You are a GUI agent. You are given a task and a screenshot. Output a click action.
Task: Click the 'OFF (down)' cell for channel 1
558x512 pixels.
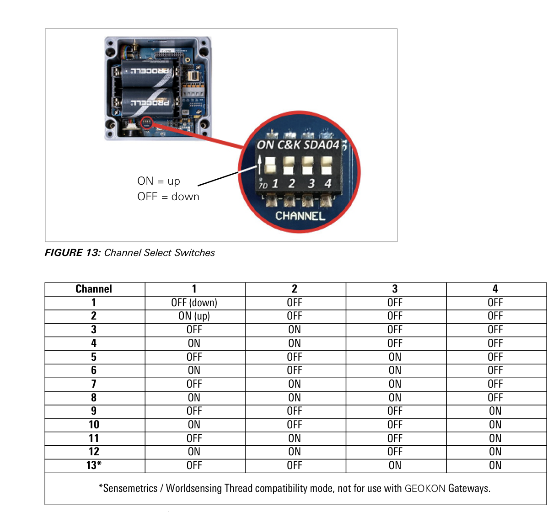point(194,303)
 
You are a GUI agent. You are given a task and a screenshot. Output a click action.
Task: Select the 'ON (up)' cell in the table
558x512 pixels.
point(194,316)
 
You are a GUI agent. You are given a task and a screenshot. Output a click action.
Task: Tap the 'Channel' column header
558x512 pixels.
point(94,289)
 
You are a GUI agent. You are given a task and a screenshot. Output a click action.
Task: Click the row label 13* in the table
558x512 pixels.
point(94,465)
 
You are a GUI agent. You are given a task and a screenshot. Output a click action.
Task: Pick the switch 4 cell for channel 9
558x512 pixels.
point(495,411)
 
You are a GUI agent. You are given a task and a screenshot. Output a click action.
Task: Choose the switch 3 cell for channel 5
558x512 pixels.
point(395,357)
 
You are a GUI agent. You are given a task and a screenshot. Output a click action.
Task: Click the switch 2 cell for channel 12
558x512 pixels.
point(294,452)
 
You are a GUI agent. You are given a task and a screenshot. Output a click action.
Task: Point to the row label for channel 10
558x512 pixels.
point(94,425)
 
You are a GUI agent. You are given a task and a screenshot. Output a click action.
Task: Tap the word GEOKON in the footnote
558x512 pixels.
point(425,488)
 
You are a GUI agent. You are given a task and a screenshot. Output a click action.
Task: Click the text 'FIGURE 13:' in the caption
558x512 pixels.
point(73,252)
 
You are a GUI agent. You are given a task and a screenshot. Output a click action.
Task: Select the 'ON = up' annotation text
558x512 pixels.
point(159,181)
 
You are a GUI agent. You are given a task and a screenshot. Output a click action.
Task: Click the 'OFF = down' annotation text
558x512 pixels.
point(168,197)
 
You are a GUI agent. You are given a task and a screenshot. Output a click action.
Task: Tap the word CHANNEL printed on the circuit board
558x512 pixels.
point(300,216)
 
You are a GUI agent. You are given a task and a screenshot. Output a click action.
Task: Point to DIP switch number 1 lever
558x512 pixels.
point(270,165)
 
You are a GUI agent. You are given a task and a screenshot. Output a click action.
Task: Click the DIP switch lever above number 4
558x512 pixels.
point(327,165)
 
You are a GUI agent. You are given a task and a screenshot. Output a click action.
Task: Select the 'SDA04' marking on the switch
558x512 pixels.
point(322,145)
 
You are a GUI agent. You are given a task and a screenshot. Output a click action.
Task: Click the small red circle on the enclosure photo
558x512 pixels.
point(146,123)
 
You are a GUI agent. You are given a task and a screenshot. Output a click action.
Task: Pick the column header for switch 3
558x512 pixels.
point(395,289)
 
